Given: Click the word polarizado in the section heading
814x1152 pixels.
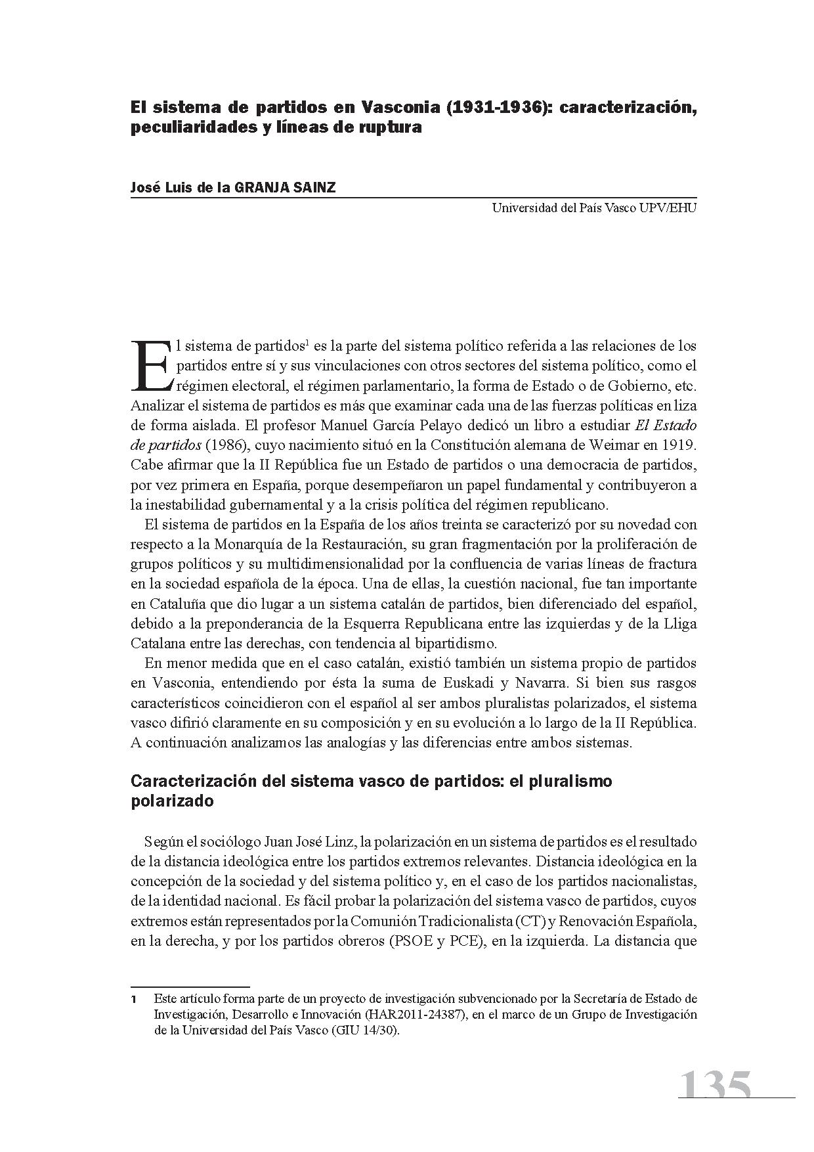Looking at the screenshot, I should (172, 801).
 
